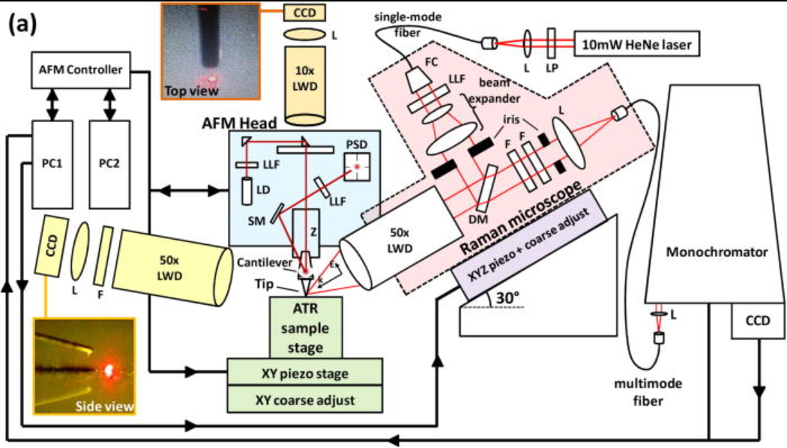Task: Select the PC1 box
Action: click(52, 163)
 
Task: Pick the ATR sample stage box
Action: click(306, 327)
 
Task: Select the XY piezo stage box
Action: click(306, 372)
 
